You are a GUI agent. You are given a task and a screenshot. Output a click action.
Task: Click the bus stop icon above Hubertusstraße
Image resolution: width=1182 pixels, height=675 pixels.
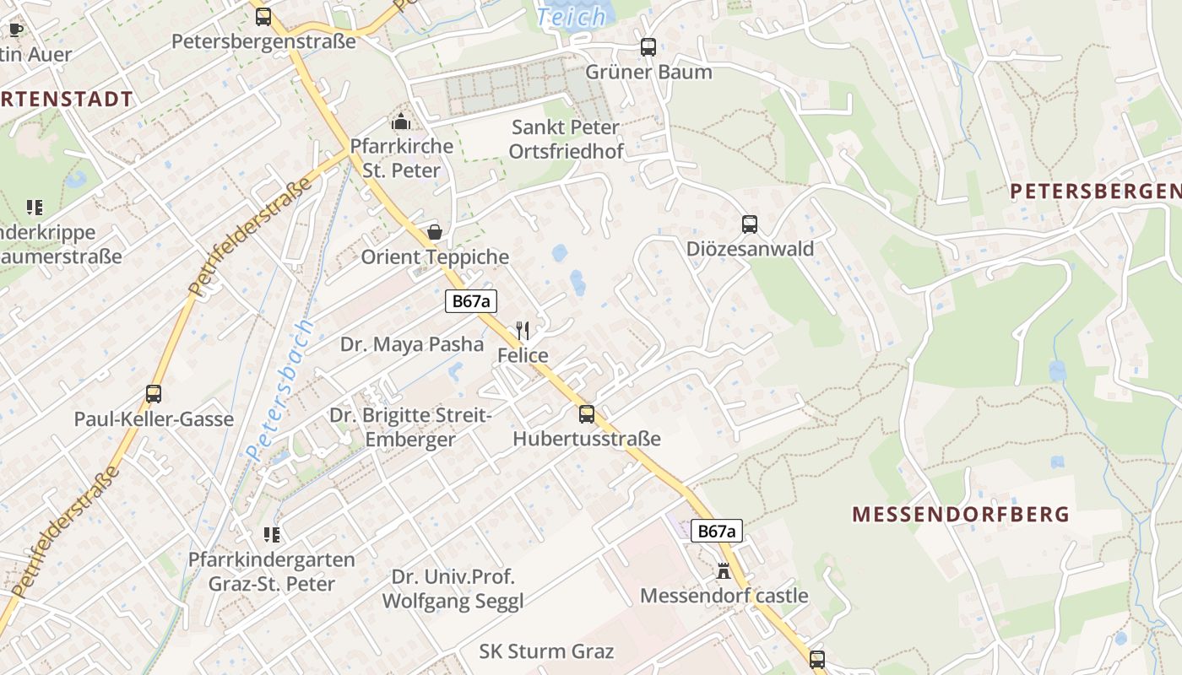coord(586,414)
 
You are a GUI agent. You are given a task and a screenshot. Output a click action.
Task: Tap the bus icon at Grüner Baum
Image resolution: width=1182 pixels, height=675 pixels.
coord(648,47)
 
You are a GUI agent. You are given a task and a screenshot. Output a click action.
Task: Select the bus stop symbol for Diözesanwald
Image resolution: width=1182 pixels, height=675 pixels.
coord(749,224)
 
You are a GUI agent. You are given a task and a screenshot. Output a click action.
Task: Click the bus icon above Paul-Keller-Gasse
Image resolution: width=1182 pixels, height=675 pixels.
coord(154,393)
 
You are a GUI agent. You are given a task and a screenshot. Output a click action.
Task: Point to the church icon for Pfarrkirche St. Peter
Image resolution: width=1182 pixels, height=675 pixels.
coord(401,121)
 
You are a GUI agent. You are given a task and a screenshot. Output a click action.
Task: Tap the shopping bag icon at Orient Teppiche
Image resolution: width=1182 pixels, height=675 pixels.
coord(435,232)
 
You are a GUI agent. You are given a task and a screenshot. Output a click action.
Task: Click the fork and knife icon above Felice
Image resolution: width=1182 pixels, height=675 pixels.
coord(523,331)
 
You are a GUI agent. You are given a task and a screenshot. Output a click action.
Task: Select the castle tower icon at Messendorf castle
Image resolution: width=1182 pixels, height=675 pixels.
coord(724,571)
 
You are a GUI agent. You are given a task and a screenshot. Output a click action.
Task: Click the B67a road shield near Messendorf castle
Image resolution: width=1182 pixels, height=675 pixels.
coord(717,531)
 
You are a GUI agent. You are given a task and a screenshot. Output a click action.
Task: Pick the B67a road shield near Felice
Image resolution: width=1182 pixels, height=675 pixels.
coord(471,301)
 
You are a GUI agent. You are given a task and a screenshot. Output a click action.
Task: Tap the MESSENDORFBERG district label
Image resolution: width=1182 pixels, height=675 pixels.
coord(961,514)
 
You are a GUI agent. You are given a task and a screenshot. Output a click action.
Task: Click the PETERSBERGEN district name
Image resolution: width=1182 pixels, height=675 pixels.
coord(1095,192)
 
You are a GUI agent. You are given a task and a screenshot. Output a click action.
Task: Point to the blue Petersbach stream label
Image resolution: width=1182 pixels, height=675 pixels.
coord(281,389)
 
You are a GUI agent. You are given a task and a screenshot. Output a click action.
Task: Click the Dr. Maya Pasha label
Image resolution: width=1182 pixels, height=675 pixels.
coord(412,344)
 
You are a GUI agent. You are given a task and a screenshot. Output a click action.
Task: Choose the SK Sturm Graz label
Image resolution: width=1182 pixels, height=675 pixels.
coord(546,651)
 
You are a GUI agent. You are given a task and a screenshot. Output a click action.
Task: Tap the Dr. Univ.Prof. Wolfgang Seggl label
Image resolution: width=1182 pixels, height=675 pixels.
coord(453,589)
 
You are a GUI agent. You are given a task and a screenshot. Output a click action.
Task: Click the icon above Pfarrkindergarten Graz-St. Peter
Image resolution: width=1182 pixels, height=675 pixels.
coord(271,534)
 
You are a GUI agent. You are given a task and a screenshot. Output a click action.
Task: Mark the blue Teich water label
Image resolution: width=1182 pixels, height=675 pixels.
coord(572,16)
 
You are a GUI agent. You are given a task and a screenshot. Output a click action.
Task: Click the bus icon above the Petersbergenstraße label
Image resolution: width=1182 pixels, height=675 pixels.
coord(263,16)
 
